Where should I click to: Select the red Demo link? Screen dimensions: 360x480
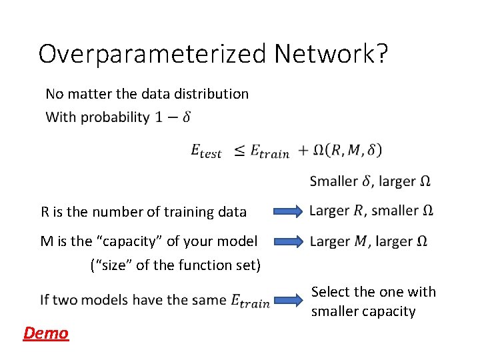point(46,333)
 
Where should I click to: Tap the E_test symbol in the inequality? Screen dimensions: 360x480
point(206,152)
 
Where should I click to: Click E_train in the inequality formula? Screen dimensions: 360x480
point(270,152)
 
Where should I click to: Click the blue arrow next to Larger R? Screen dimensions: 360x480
point(288,212)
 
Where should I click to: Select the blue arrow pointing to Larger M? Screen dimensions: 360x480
point(288,241)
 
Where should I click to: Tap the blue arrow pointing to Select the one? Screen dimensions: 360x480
point(288,301)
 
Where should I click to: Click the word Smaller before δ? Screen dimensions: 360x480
point(334,181)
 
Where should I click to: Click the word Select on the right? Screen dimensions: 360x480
point(330,292)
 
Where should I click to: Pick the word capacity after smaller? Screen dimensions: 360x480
point(389,311)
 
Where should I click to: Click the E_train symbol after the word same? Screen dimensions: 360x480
point(250,301)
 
